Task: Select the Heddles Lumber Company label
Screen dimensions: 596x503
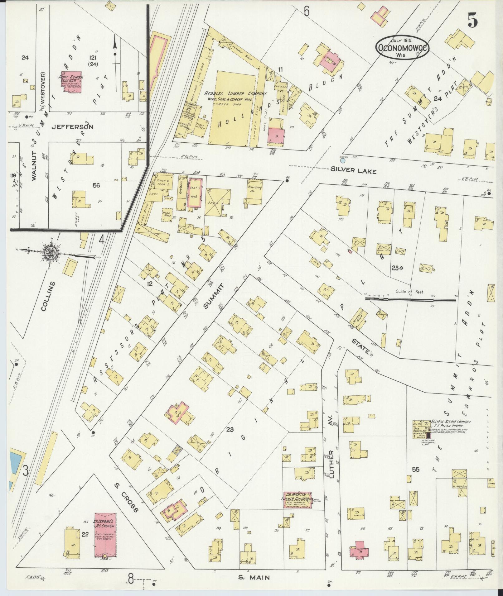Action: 235,93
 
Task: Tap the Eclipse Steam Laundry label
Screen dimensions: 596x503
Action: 451,422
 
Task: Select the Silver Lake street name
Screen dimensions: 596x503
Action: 354,171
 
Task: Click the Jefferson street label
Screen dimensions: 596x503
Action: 72,127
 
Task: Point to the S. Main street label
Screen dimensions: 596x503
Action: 254,578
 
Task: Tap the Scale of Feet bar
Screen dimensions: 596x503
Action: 410,299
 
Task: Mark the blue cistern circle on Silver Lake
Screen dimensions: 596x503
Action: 343,161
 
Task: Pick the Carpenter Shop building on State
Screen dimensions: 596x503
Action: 360,321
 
